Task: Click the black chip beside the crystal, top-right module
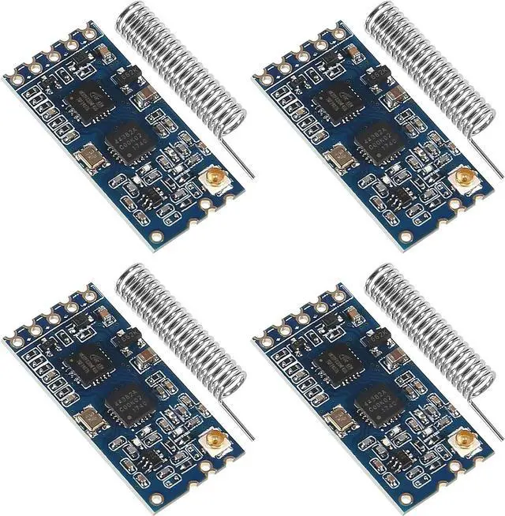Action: pos(377,140)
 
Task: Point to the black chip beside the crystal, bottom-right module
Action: pos(377,398)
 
